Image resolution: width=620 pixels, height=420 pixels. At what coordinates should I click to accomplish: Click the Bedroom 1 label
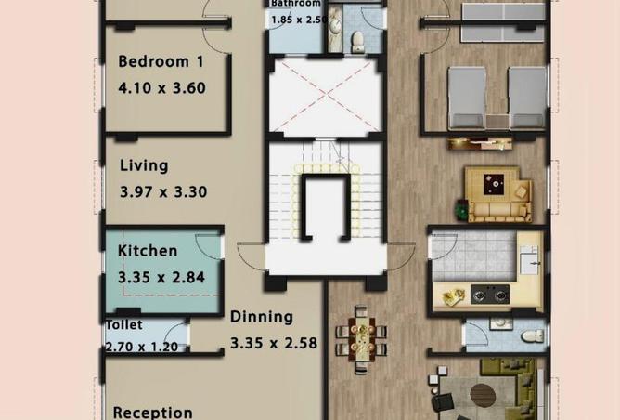tap(161, 62)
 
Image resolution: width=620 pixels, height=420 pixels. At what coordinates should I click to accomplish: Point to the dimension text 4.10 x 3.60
tap(161, 89)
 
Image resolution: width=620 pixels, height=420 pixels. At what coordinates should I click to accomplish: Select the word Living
tap(144, 166)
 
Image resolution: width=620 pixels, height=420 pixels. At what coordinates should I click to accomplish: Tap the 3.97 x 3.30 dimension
tap(162, 193)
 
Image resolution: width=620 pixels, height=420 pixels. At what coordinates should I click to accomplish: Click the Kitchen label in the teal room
tap(147, 251)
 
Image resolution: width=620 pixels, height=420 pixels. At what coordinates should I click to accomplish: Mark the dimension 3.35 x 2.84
tap(161, 277)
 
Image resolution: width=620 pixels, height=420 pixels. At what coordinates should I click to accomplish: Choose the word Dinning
tap(262, 317)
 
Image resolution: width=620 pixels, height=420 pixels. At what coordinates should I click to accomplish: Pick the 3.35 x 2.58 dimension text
tap(274, 343)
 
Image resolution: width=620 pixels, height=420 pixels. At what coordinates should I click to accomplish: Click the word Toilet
tap(123, 325)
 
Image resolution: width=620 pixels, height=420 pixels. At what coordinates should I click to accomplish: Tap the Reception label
tap(153, 412)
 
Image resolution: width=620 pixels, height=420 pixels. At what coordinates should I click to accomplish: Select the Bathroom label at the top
tap(295, 4)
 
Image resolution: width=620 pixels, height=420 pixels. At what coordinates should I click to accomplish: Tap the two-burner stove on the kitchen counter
tap(490, 295)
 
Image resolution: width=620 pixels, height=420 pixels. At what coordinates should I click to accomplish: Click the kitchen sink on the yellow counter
tap(532, 263)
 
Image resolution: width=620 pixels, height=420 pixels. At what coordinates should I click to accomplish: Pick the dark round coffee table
tap(484, 395)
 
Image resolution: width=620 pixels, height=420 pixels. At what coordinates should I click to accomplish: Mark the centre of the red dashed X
tap(325, 98)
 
